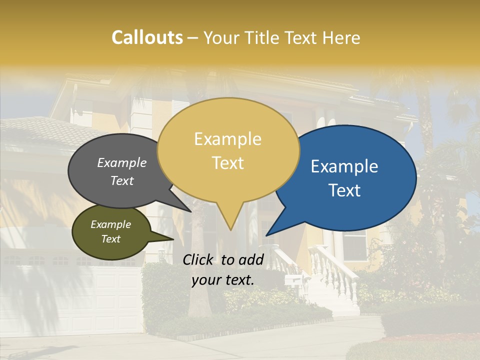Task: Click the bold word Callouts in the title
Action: click(x=147, y=37)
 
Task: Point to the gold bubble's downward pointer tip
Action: click(x=230, y=229)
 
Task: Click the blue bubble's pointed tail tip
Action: click(x=267, y=234)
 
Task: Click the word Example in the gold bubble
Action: click(x=227, y=139)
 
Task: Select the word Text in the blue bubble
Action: click(x=345, y=190)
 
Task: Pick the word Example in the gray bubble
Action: click(x=121, y=163)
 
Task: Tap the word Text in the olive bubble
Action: click(x=110, y=239)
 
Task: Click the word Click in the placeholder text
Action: click(x=198, y=259)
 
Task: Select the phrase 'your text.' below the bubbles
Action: click(x=222, y=280)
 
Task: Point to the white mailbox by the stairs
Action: click(x=293, y=281)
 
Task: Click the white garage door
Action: click(x=75, y=300)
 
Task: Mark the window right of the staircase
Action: click(x=354, y=245)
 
